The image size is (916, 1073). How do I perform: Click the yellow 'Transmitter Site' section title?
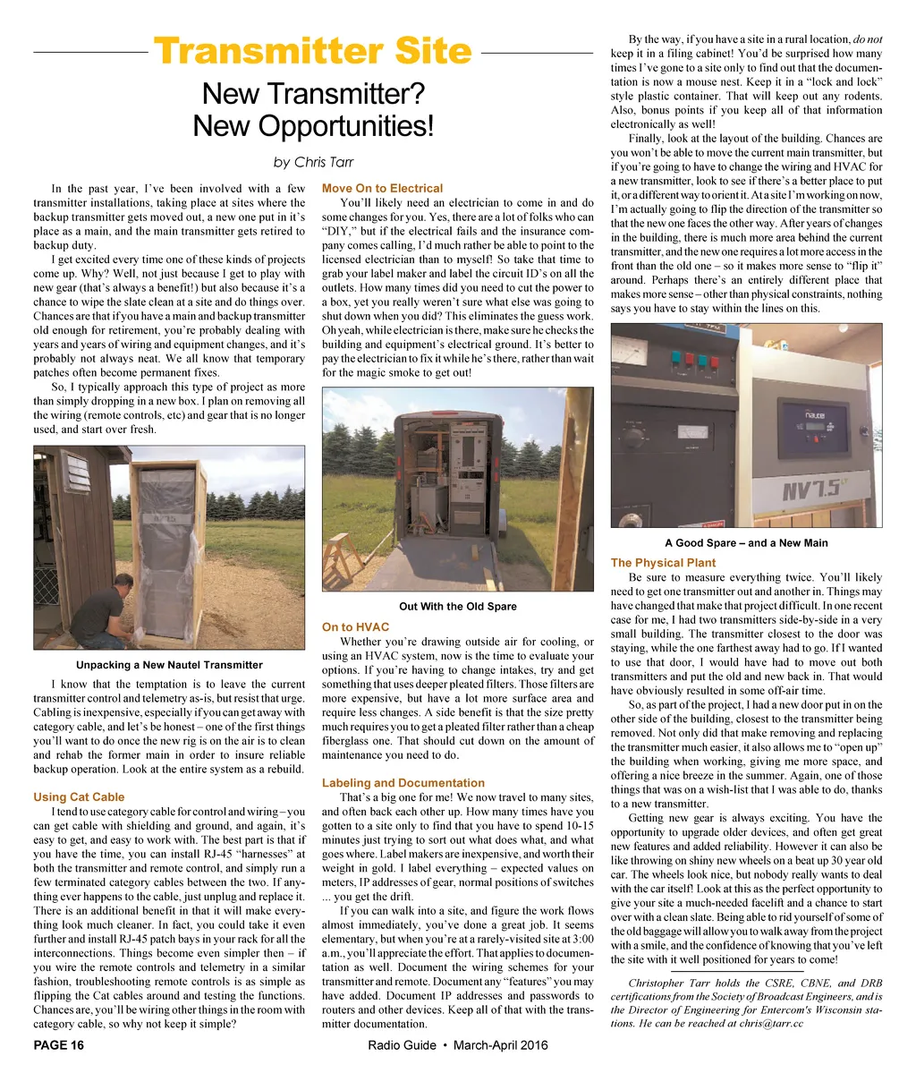(x=312, y=51)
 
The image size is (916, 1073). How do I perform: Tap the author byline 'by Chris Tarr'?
(x=312, y=162)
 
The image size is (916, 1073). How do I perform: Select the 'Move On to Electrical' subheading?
(x=382, y=188)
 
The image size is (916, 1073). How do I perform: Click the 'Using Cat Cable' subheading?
(x=79, y=796)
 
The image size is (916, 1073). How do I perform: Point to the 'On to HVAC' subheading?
(x=355, y=626)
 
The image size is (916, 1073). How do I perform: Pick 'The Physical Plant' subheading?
(x=663, y=563)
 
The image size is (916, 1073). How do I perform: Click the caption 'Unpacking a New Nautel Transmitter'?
(x=169, y=665)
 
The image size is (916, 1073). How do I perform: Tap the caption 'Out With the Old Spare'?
(x=457, y=607)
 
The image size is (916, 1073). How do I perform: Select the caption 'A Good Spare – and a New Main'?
(x=746, y=542)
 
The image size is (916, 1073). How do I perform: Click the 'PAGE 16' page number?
(x=59, y=1045)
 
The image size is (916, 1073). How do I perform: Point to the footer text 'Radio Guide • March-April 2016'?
(x=457, y=1045)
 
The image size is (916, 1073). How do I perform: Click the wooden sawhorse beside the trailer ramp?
(x=339, y=558)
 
